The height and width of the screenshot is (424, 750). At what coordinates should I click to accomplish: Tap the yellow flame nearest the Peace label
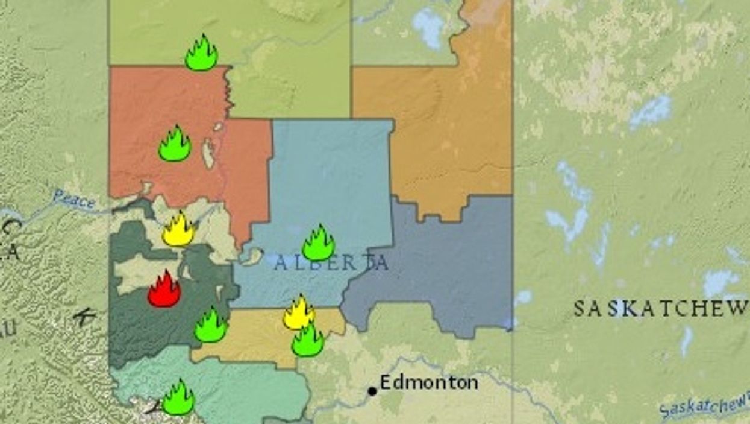click(178, 230)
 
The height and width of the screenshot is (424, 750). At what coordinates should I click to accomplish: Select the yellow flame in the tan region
click(299, 313)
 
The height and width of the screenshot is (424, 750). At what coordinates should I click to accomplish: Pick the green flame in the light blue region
click(318, 244)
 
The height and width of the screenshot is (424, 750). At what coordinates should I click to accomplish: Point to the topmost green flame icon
click(201, 54)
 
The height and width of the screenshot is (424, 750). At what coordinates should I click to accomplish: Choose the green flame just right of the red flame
click(211, 326)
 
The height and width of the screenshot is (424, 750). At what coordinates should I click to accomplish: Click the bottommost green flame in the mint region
click(178, 398)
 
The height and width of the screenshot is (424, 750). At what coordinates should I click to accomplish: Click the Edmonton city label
click(429, 382)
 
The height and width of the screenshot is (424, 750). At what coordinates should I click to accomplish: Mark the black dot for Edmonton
click(372, 391)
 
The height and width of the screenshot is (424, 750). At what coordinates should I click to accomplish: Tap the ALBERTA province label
click(331, 263)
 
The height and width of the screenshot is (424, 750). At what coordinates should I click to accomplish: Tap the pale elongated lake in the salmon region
click(208, 154)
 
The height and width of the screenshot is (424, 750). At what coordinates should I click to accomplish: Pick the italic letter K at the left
click(81, 317)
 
